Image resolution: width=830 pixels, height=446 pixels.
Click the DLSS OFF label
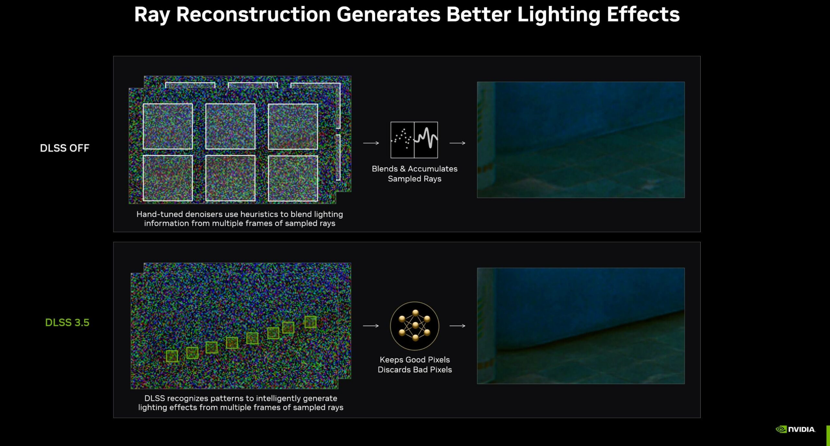pos(65,148)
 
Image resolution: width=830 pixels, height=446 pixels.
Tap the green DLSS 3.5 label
pos(67,322)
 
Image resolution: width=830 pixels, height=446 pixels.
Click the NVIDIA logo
pos(795,429)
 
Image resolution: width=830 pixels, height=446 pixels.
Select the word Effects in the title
pos(643,15)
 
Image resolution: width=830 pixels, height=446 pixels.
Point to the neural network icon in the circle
pos(415,326)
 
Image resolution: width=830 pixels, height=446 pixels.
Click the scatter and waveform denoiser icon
pos(414,140)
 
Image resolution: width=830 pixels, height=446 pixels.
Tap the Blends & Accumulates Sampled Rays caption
pos(415,174)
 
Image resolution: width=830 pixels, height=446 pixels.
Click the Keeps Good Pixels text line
pos(415,359)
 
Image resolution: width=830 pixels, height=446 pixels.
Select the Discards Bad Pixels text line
pos(415,369)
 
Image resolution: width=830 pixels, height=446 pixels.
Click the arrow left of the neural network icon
pos(371,326)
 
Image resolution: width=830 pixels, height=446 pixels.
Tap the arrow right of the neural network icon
pos(457,326)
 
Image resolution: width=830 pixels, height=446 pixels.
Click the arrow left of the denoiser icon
pos(371,143)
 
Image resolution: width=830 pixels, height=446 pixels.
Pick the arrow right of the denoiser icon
pos(457,143)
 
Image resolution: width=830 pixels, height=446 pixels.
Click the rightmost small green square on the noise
pos(310,322)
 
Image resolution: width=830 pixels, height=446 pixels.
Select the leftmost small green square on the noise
pos(172,356)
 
